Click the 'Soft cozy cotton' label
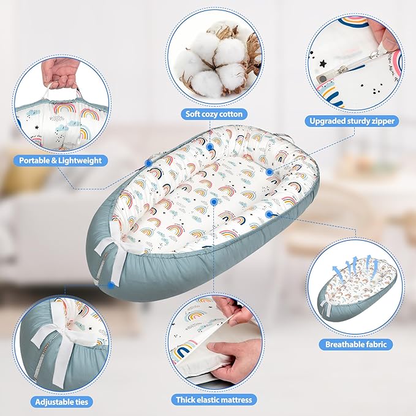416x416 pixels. point(214,115)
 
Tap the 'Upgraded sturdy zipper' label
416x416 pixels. point(352,121)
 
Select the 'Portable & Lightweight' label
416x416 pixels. point(61,161)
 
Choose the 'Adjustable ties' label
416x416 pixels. point(61,402)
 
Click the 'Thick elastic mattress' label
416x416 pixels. point(214,399)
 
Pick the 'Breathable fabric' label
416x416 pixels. point(355,344)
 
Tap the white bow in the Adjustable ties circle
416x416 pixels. point(64,342)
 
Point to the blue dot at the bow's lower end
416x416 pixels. point(111,286)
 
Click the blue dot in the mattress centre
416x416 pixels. point(214,202)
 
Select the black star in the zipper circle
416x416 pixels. point(323,64)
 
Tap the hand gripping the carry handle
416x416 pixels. point(62,73)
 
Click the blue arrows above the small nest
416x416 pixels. point(356,265)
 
